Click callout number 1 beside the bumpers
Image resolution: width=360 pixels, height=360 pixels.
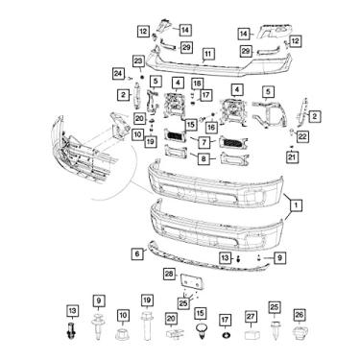[x=297, y=204]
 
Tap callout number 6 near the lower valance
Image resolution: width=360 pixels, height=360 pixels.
[x=137, y=252]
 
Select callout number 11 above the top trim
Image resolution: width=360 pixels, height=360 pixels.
[x=208, y=54]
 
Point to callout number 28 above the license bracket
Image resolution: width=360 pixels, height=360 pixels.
[x=169, y=274]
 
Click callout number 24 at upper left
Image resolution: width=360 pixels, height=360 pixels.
[x=118, y=73]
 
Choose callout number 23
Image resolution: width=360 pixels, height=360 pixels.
[x=137, y=61]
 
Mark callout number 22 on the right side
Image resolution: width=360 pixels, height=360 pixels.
[x=301, y=137]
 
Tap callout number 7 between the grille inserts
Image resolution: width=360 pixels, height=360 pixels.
[x=204, y=141]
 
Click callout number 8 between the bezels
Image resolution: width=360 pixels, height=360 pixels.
[x=204, y=159]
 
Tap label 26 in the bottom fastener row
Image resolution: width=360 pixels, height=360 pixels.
[x=299, y=315]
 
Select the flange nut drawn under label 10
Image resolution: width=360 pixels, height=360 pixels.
[x=122, y=337]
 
